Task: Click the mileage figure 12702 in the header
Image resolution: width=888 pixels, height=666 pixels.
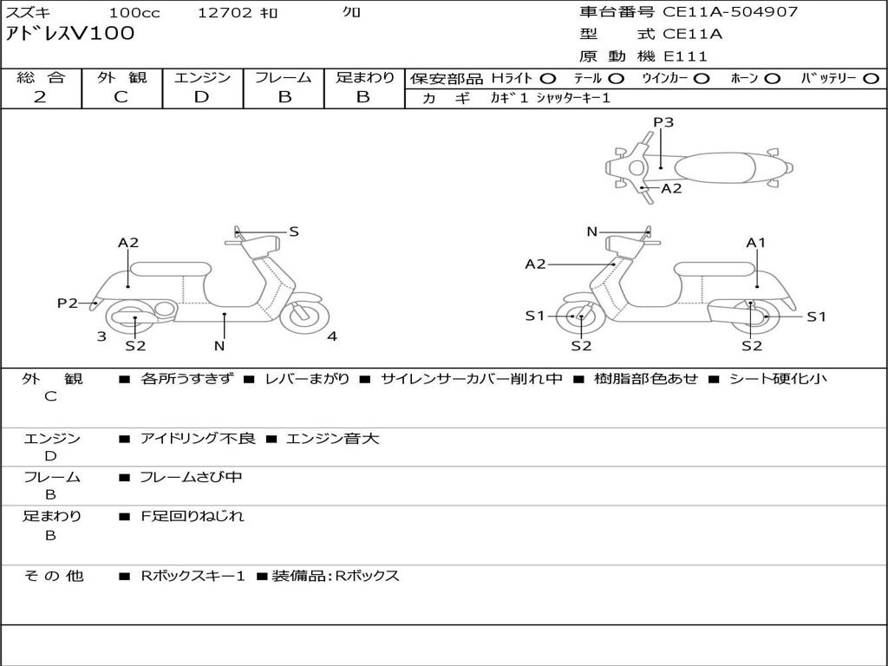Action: (225, 13)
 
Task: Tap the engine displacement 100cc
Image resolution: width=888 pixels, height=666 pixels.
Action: (134, 13)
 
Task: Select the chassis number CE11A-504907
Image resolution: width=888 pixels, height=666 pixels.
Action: (730, 12)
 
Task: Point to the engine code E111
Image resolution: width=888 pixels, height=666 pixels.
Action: (686, 57)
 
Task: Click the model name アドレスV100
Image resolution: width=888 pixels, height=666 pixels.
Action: (70, 35)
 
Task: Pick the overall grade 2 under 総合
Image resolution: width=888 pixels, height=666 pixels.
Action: (40, 97)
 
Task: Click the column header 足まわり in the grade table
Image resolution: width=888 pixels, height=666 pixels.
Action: (365, 78)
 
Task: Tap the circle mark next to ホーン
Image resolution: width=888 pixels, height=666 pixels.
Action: (773, 79)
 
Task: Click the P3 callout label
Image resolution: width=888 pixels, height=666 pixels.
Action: (663, 122)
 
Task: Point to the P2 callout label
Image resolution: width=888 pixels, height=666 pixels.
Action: (68, 303)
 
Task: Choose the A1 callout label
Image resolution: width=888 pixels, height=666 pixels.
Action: (756, 243)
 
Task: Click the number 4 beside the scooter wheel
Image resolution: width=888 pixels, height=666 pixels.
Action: (332, 336)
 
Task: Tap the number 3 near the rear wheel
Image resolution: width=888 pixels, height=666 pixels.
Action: (101, 336)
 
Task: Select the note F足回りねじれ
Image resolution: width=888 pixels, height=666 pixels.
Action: (193, 516)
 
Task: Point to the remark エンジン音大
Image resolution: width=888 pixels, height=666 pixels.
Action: (333, 439)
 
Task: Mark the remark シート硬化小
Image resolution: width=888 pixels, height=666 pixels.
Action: (778, 379)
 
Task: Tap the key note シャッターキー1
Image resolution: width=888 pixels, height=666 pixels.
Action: (572, 99)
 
